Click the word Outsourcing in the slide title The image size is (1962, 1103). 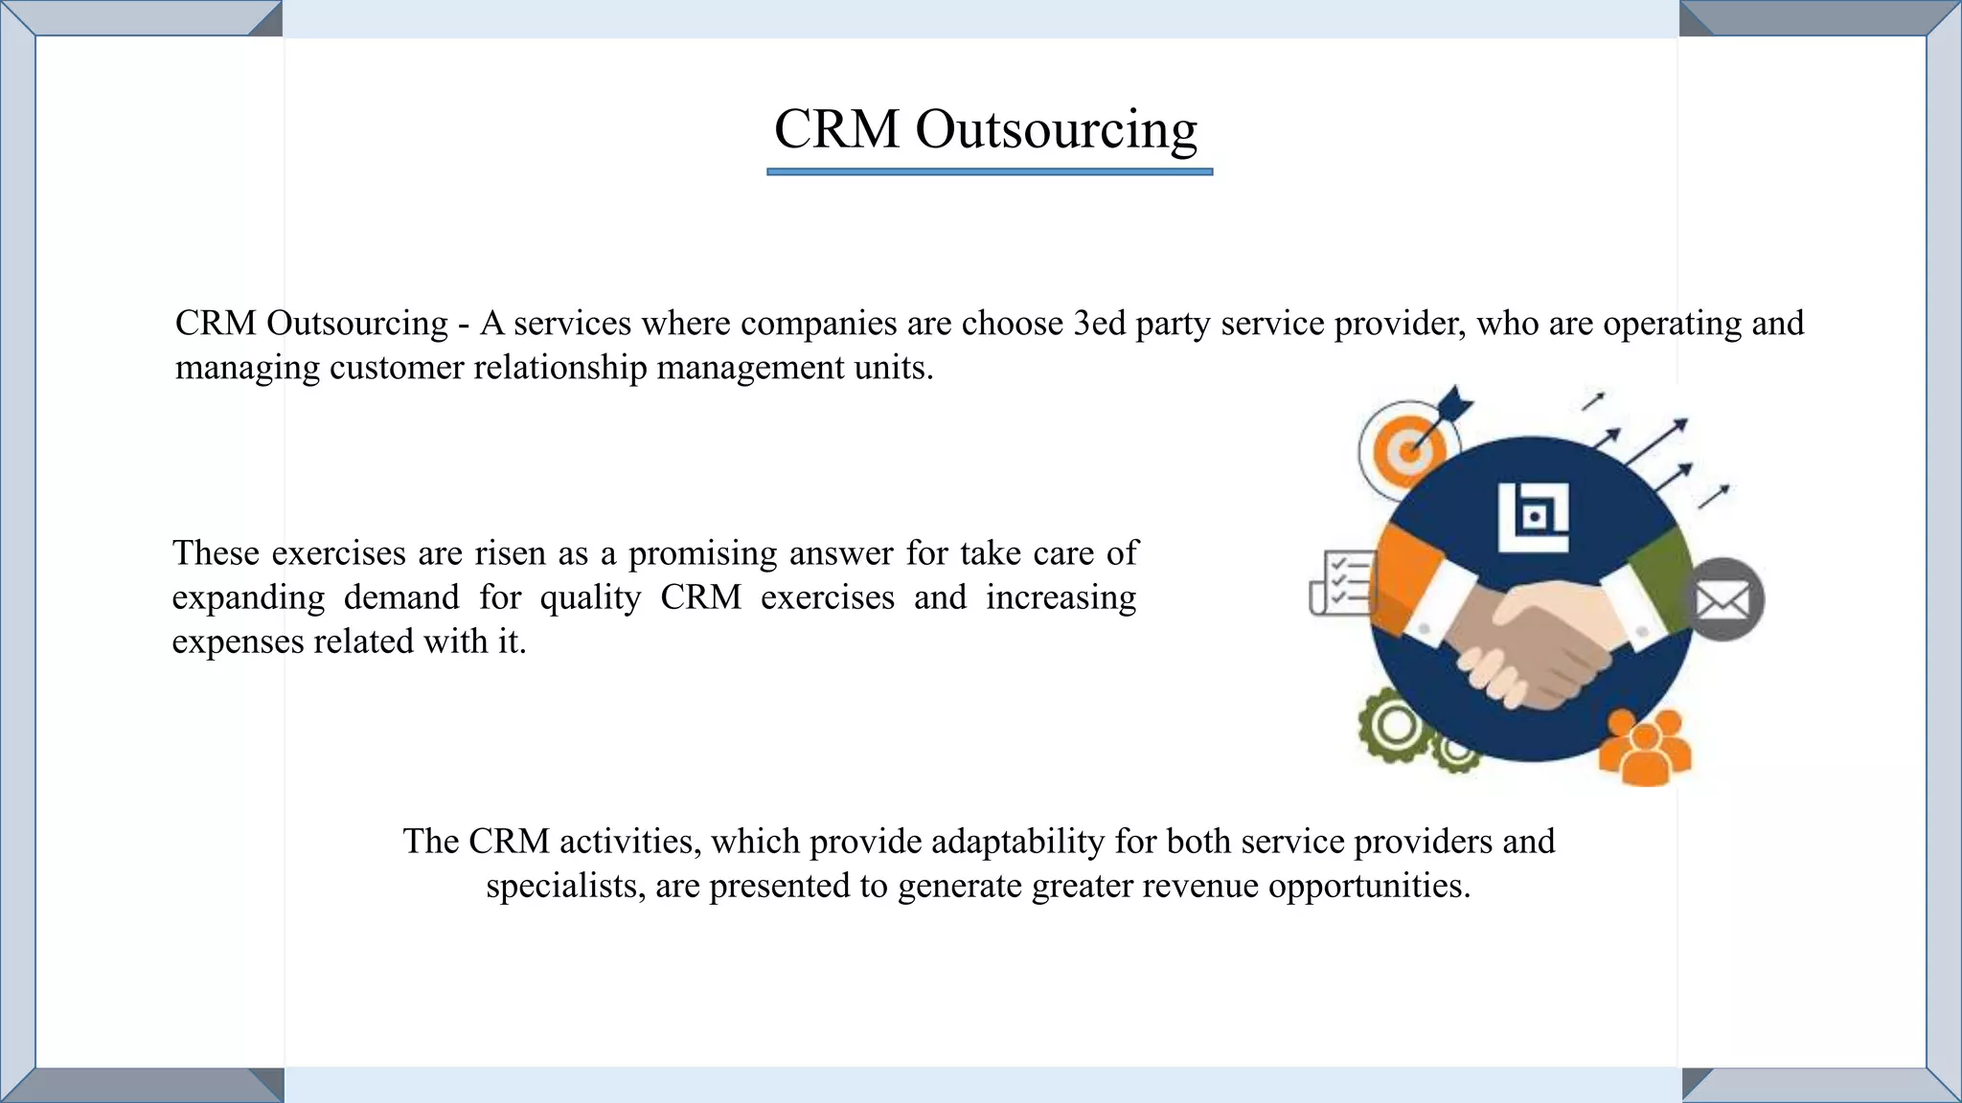1056,129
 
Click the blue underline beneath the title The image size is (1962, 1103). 990,172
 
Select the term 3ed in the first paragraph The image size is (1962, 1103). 1099,324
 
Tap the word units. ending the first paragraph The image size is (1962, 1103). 893,368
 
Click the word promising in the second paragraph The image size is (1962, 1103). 702,553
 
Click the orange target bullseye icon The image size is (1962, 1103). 1407,450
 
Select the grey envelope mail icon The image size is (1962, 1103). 1722,600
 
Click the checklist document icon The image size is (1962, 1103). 1341,582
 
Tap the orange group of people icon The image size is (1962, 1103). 1645,748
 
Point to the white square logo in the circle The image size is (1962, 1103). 1534,517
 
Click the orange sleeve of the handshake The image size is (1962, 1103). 1408,584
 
